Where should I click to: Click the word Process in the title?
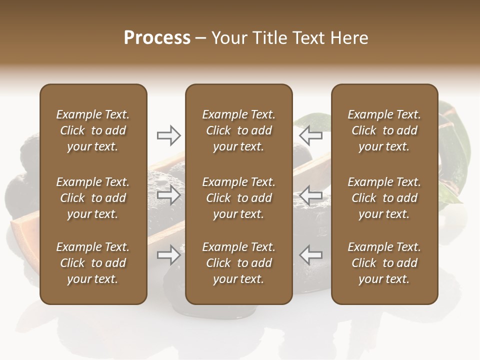pos(157,38)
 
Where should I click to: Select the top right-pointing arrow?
pos(168,135)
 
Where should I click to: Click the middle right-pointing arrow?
pos(168,194)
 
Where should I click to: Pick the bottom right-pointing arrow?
pos(168,254)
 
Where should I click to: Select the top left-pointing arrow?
pos(311,135)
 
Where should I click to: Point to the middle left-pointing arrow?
pos(311,194)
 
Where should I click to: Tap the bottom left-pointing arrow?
pos(311,254)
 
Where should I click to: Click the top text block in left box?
pos(93,130)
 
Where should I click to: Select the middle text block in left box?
pos(93,198)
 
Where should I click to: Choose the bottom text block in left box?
pos(93,263)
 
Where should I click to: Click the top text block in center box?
pos(238,130)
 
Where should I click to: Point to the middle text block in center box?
pos(238,198)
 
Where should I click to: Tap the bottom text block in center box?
pos(238,263)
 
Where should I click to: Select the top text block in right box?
pos(384,130)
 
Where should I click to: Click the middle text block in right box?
pos(384,198)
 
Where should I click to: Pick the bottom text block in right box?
pos(384,263)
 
